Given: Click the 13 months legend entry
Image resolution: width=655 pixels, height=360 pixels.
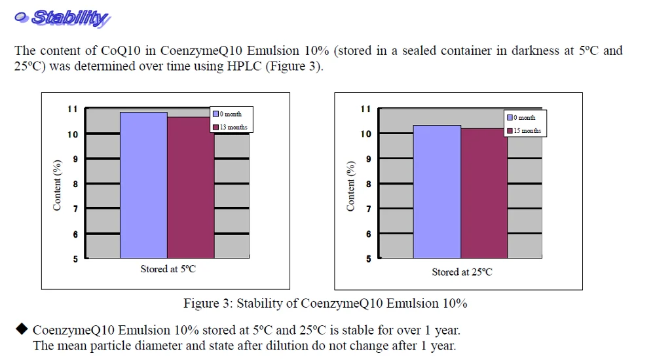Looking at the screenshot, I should (x=230, y=127).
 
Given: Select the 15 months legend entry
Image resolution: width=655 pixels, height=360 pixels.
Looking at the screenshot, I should (x=523, y=131).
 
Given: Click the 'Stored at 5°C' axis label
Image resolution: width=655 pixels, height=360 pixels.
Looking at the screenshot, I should (x=168, y=269).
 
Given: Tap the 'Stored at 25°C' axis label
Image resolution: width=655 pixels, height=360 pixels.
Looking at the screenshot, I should (x=462, y=272).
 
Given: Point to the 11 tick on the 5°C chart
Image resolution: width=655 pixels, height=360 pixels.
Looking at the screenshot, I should (x=73, y=109).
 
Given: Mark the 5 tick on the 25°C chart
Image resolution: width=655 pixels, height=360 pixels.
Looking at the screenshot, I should (x=368, y=259).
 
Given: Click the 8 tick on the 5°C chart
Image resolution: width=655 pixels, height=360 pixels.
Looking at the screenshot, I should (x=75, y=184).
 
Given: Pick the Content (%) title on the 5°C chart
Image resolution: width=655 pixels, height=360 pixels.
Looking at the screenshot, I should (x=57, y=185).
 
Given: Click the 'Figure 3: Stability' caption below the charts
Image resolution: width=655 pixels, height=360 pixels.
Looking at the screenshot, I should (x=325, y=303).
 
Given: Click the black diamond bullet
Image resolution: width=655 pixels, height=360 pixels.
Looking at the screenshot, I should (x=22, y=328).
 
